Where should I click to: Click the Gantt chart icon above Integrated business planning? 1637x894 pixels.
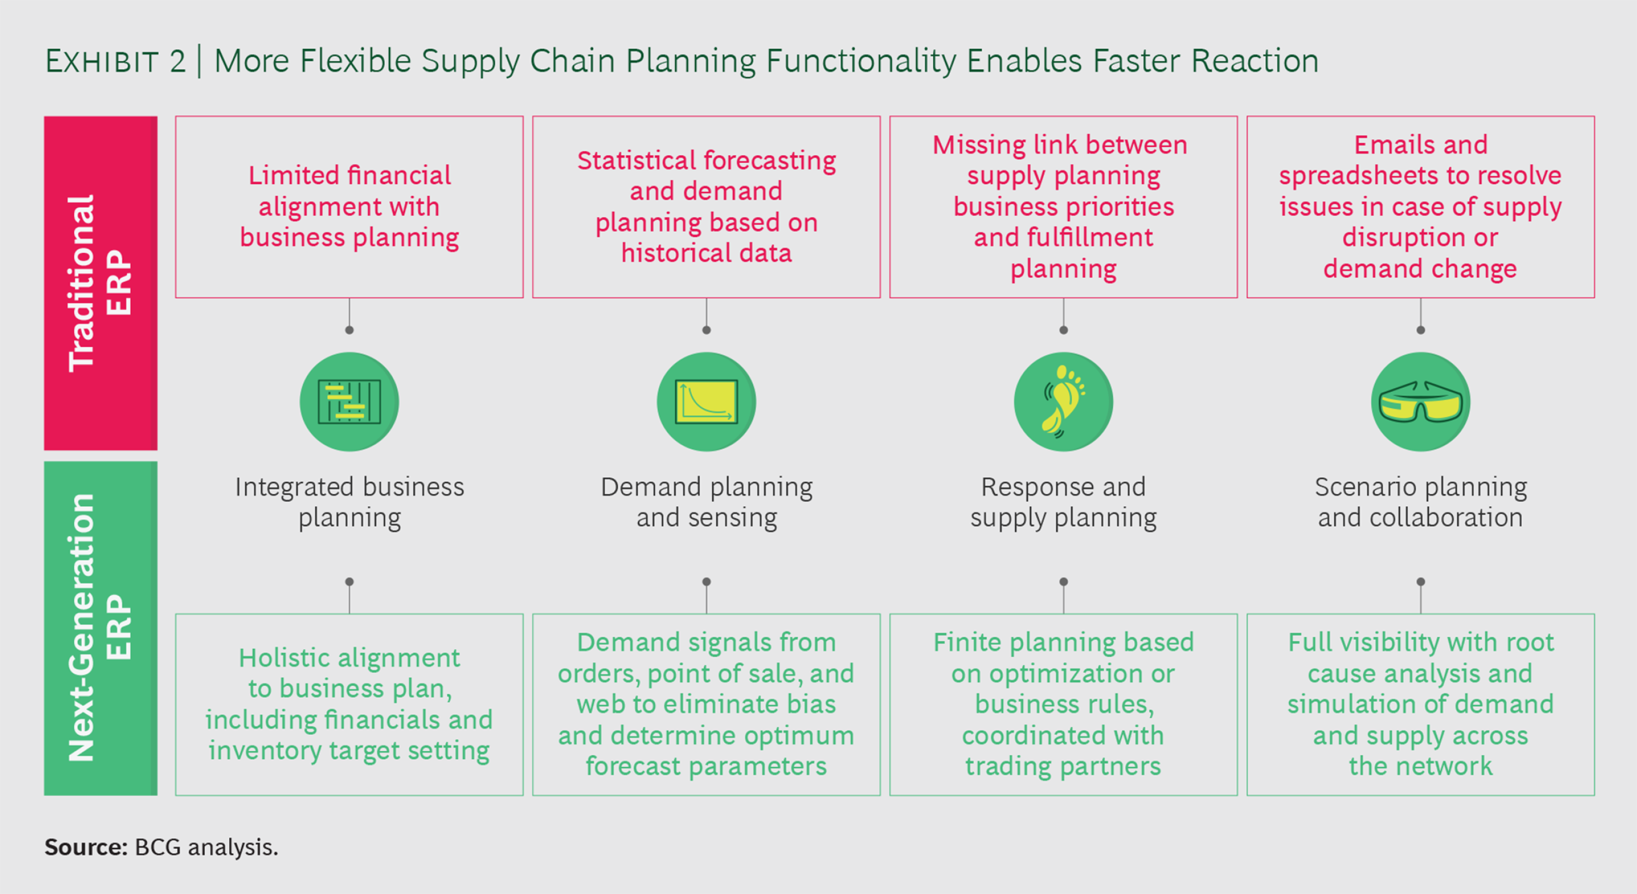coord(349,402)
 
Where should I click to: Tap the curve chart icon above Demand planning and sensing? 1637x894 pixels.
coord(706,402)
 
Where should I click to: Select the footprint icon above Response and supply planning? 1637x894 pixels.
coord(1063,402)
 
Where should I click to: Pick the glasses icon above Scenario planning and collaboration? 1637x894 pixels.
coord(1420,402)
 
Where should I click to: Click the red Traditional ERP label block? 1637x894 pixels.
coord(101,283)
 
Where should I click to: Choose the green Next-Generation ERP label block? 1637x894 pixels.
coord(101,628)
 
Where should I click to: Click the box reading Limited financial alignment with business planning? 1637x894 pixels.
coord(349,206)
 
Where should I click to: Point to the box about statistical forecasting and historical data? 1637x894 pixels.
coord(706,206)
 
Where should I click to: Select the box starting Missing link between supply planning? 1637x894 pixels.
coord(1063,206)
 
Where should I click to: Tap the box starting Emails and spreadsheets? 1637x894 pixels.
coord(1420,206)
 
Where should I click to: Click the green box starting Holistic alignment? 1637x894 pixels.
coord(349,705)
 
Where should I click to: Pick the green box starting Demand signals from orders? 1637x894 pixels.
coord(706,705)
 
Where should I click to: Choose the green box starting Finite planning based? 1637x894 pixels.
coord(1063,705)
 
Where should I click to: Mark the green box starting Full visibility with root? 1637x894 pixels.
coord(1420,705)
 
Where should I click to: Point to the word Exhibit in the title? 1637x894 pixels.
coord(102,61)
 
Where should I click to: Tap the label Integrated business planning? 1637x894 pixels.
coord(350,502)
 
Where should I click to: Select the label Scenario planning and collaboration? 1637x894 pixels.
coord(1420,502)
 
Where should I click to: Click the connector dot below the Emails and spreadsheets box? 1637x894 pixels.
coord(1421,330)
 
